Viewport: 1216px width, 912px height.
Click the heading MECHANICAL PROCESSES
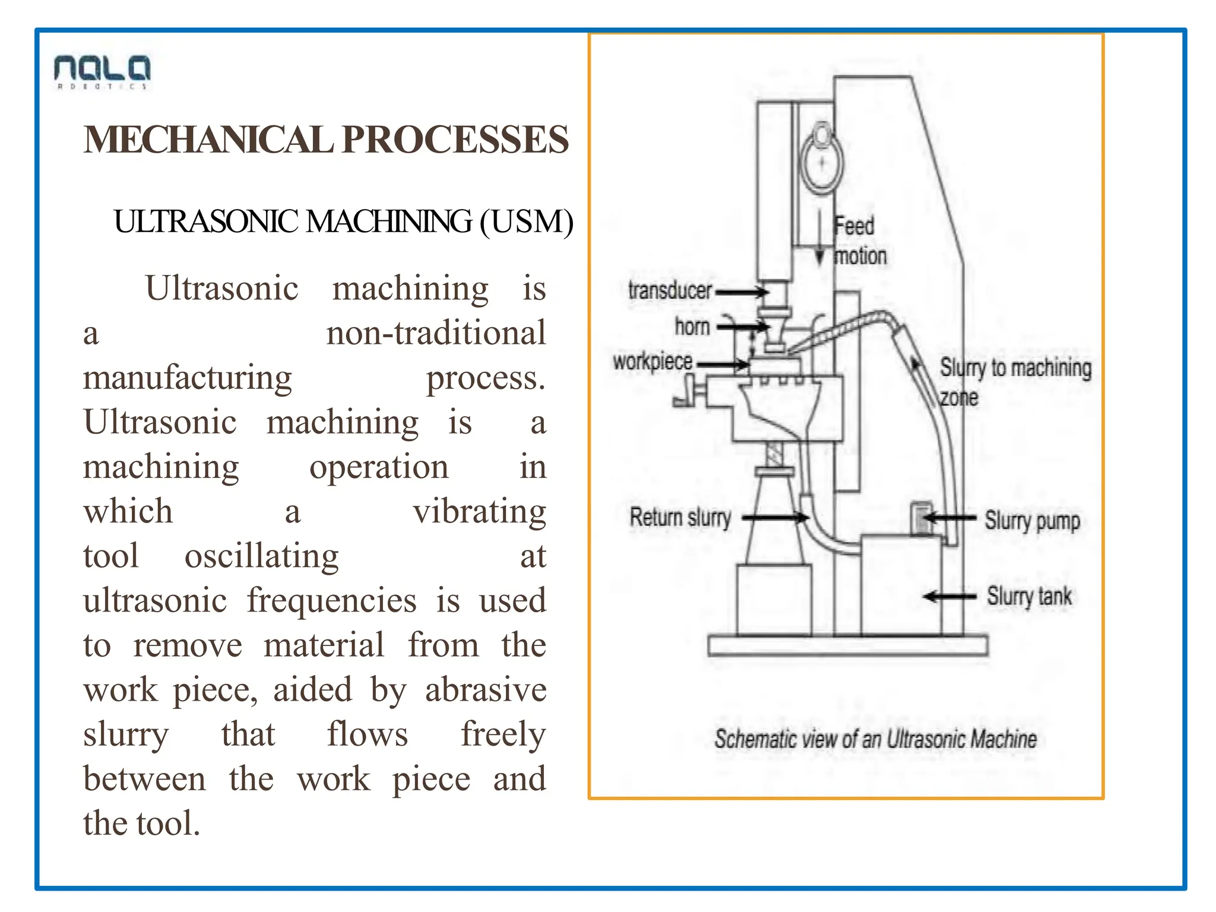[326, 140]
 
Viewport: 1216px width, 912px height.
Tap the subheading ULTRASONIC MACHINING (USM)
[344, 222]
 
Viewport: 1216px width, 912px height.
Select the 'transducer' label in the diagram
[670, 291]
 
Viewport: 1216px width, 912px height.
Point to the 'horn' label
[692, 327]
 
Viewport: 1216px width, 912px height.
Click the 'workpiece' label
[653, 362]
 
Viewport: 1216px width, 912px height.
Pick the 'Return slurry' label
[680, 518]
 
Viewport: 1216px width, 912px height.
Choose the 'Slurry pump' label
[1032, 521]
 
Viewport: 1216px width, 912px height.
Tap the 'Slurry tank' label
[1029, 596]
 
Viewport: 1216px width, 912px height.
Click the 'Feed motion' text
[859, 241]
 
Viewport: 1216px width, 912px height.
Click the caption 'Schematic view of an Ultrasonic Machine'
[875, 739]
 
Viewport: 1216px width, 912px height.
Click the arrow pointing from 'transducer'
[742, 292]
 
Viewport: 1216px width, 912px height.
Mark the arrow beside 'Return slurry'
[775, 518]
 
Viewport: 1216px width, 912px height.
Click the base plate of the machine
[847, 645]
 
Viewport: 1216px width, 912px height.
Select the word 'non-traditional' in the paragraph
[436, 332]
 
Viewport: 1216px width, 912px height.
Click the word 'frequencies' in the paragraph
[331, 600]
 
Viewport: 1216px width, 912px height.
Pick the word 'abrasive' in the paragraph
[485, 690]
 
